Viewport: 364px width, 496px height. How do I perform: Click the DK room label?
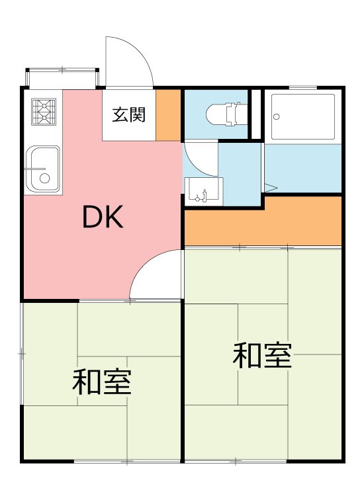(103, 218)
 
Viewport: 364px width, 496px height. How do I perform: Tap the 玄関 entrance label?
(128, 114)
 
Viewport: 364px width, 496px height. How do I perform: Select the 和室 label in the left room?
(101, 382)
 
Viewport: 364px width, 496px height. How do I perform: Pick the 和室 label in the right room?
(262, 356)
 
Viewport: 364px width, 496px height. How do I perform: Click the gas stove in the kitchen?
(44, 112)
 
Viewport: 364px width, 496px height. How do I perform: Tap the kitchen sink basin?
(42, 169)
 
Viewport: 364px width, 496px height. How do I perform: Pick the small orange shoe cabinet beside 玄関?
(169, 114)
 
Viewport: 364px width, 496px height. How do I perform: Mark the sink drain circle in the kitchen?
(44, 178)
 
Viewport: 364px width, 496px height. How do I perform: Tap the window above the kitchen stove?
(62, 77)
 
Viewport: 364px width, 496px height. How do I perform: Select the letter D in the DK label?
(92, 218)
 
